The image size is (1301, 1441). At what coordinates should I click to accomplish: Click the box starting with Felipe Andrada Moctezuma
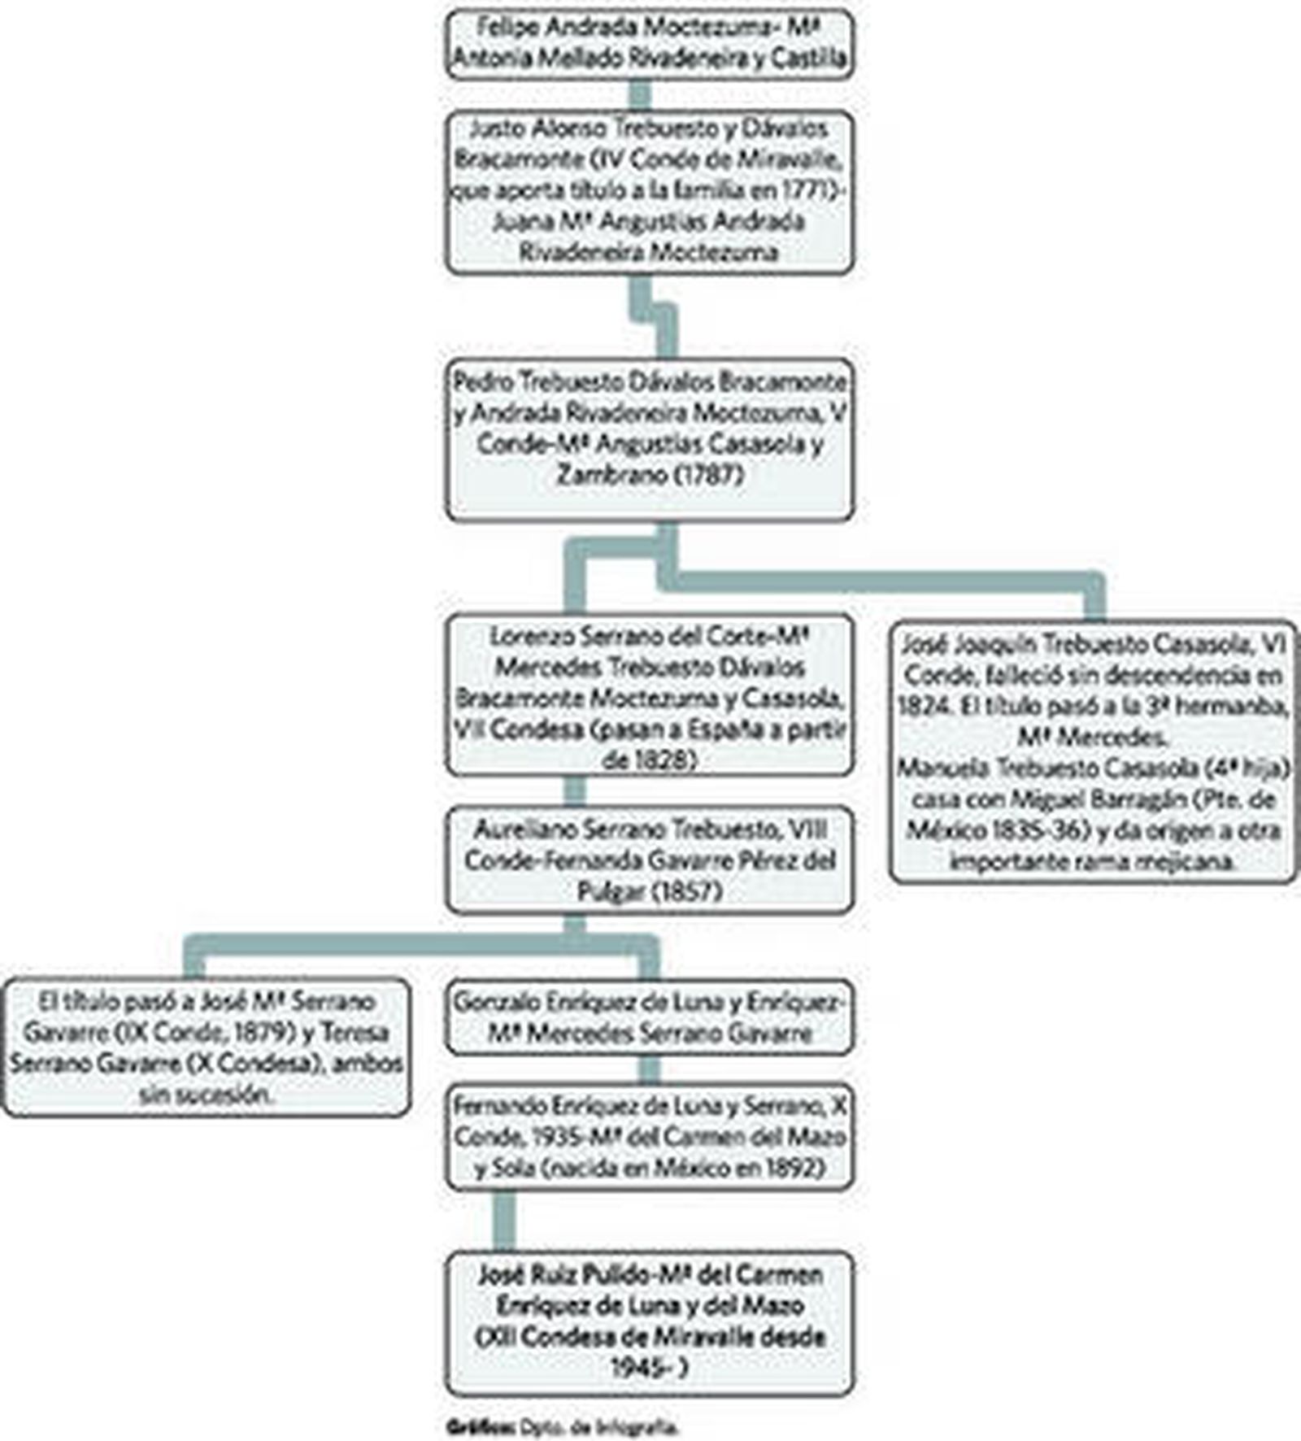coord(650,44)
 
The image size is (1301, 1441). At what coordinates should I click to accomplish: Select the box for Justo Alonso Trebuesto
coord(650,192)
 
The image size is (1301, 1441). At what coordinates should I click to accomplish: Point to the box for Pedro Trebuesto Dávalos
coord(650,439)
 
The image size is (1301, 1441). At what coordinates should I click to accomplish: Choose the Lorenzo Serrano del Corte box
coord(650,696)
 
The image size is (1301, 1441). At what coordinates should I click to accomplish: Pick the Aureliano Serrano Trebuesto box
coord(650,860)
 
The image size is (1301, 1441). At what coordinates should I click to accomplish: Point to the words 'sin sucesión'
coord(207,1095)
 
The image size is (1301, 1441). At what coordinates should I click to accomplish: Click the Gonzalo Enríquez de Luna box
coord(650,1017)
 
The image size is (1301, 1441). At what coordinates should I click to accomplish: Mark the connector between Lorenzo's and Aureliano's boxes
coord(575,790)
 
